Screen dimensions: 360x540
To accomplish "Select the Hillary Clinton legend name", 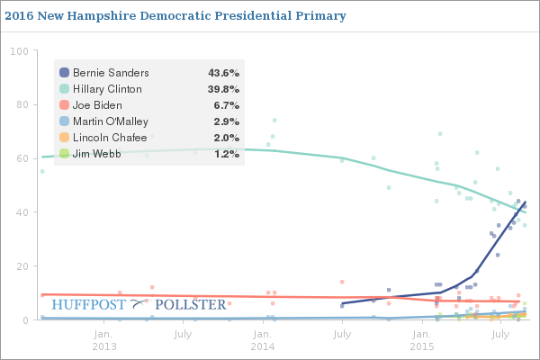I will [107, 89].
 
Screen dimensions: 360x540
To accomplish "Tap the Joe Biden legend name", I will [97, 105].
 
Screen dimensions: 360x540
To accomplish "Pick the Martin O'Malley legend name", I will [111, 121].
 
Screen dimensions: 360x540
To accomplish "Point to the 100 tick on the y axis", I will [17, 50].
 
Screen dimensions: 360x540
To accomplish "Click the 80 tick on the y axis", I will [20, 104].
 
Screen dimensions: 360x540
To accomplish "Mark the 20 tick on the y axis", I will [20, 266].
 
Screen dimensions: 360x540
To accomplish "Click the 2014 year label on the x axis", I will [262, 346].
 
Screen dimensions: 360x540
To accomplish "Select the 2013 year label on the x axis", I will [103, 346].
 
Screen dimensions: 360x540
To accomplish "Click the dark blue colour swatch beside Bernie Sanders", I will [64, 72].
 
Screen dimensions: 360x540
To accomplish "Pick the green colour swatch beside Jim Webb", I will [64, 154].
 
